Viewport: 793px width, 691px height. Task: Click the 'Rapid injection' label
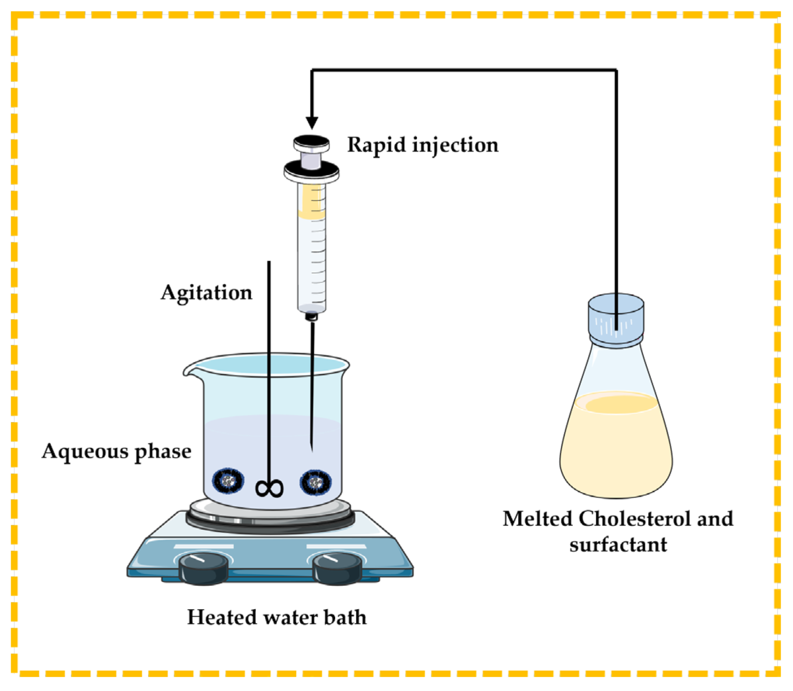[x=422, y=145]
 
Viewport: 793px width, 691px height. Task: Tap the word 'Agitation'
[x=207, y=293]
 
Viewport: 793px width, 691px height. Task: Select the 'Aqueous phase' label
[x=116, y=451]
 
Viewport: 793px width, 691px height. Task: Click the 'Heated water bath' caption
[x=277, y=617]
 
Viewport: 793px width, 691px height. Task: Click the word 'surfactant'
[x=618, y=545]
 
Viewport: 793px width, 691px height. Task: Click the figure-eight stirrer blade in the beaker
[x=269, y=488]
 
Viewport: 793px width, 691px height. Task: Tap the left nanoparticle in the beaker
[x=228, y=481]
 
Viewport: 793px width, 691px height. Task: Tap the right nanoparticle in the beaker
[x=316, y=482]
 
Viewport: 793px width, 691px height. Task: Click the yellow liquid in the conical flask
[x=616, y=448]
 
